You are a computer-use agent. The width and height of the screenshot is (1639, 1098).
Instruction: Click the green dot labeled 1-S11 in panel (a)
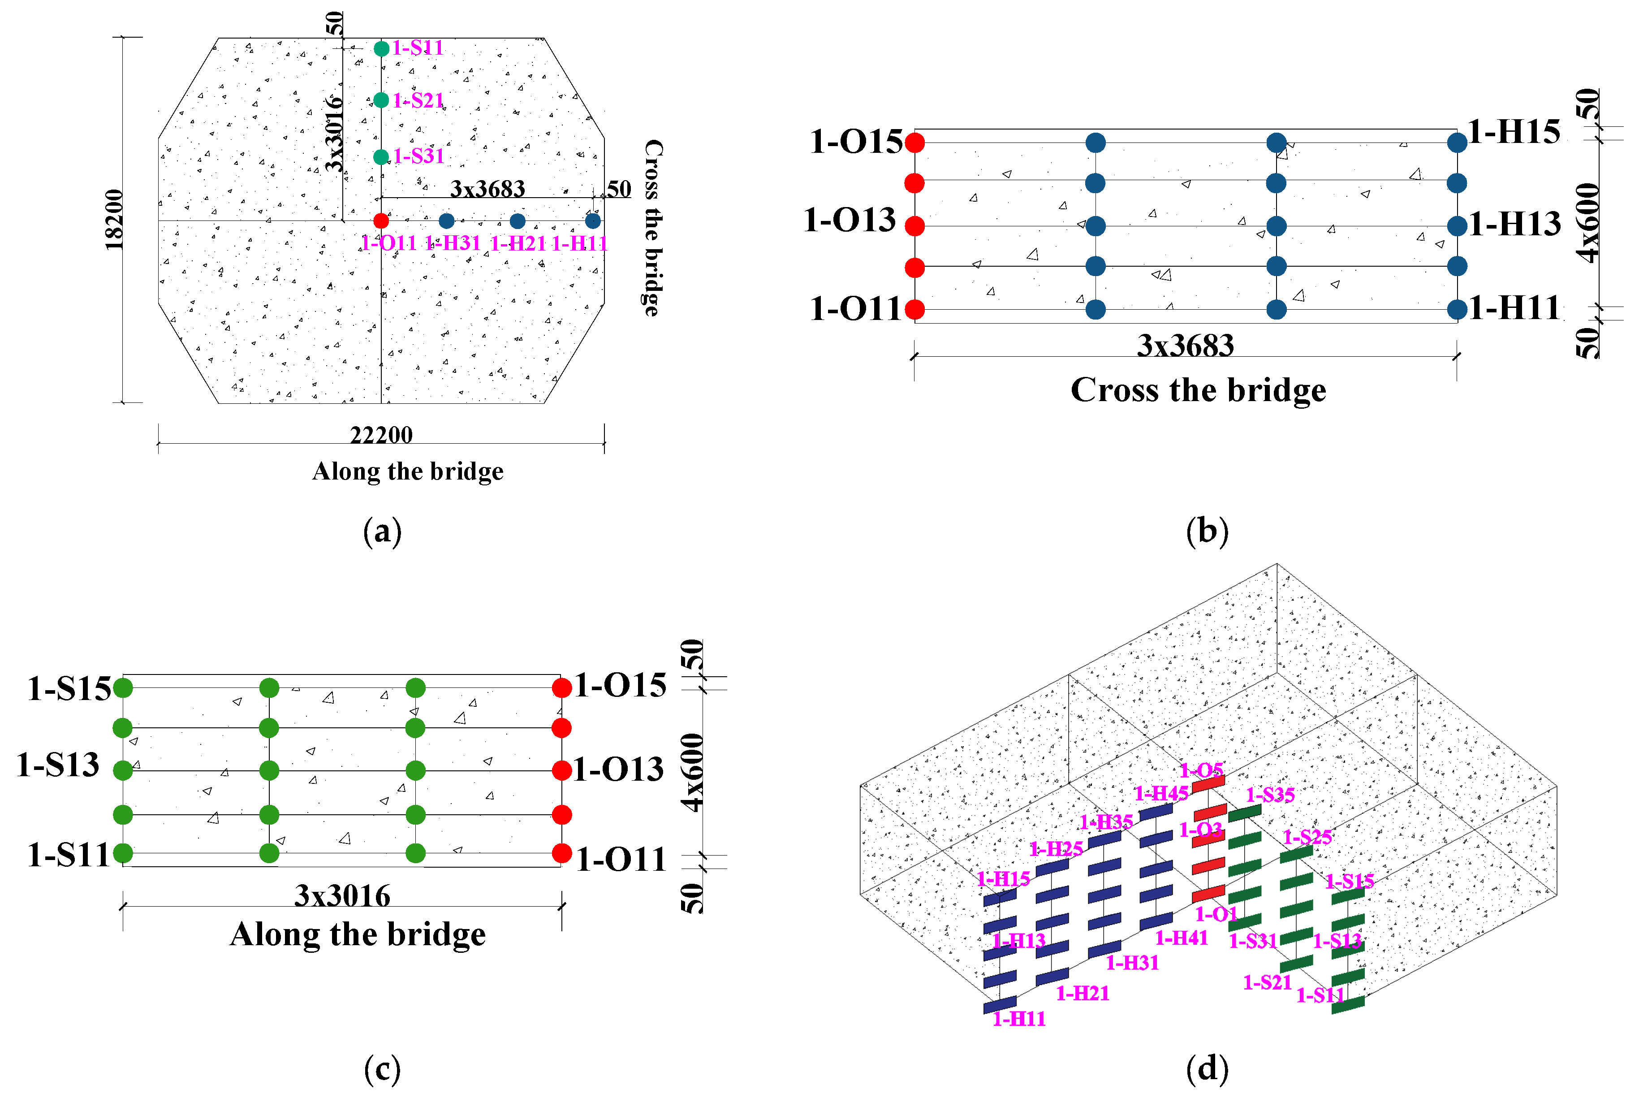(381, 48)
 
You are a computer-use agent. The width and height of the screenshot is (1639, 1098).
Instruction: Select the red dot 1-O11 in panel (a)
(381, 220)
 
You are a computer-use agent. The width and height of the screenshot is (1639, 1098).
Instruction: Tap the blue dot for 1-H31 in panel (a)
(447, 220)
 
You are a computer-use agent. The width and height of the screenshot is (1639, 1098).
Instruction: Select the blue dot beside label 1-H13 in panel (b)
(1457, 225)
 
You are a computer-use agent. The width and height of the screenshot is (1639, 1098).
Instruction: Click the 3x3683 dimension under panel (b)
(1185, 345)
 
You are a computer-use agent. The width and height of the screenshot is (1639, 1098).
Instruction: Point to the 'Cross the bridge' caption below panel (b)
(1198, 390)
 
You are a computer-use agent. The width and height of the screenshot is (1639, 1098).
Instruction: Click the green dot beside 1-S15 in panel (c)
(122, 687)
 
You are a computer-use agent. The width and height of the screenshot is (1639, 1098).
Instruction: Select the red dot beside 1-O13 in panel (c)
(561, 770)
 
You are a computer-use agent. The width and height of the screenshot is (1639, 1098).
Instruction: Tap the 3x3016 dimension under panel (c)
(342, 895)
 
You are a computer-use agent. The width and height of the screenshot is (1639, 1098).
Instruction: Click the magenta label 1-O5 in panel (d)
(1201, 770)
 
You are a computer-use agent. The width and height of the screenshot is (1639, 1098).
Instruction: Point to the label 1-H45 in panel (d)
(1161, 793)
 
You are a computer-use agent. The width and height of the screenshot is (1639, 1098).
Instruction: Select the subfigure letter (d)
(1207, 1068)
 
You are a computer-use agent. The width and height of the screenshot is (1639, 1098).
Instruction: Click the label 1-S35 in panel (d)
(1270, 795)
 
